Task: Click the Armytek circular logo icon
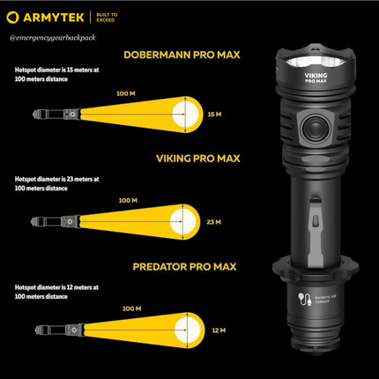(x=13, y=16)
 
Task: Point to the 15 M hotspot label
(x=213, y=115)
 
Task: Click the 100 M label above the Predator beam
(x=132, y=308)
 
